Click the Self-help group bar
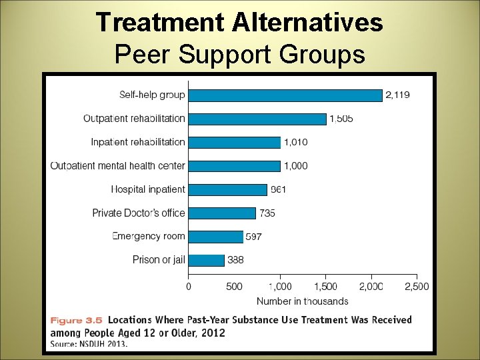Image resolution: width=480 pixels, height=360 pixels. (x=285, y=95)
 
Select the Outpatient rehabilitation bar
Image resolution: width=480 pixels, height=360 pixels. (x=257, y=119)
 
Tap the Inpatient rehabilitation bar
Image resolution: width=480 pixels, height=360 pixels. (x=234, y=142)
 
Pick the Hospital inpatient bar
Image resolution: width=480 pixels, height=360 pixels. (x=227, y=189)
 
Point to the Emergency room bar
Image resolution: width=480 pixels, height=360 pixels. (x=215, y=237)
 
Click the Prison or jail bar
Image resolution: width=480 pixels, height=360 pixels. (x=206, y=260)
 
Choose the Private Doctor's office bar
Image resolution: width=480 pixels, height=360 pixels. (x=222, y=213)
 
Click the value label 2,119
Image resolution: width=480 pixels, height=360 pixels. (x=398, y=95)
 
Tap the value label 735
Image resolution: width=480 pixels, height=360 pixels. (x=267, y=213)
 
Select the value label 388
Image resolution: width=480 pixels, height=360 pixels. (x=235, y=260)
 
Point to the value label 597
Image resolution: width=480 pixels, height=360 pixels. (x=254, y=237)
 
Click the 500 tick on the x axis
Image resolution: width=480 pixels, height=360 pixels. (x=234, y=287)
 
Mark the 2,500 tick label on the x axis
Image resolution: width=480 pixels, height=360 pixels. (x=417, y=287)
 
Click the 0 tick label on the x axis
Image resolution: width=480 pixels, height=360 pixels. (x=189, y=287)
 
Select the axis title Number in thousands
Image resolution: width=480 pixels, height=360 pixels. (x=302, y=301)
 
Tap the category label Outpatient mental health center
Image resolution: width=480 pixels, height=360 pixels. (x=118, y=166)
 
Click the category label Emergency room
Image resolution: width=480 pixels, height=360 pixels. (x=149, y=236)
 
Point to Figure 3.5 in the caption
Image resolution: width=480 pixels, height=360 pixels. (x=76, y=320)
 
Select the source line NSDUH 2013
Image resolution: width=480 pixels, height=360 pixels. (x=89, y=344)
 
